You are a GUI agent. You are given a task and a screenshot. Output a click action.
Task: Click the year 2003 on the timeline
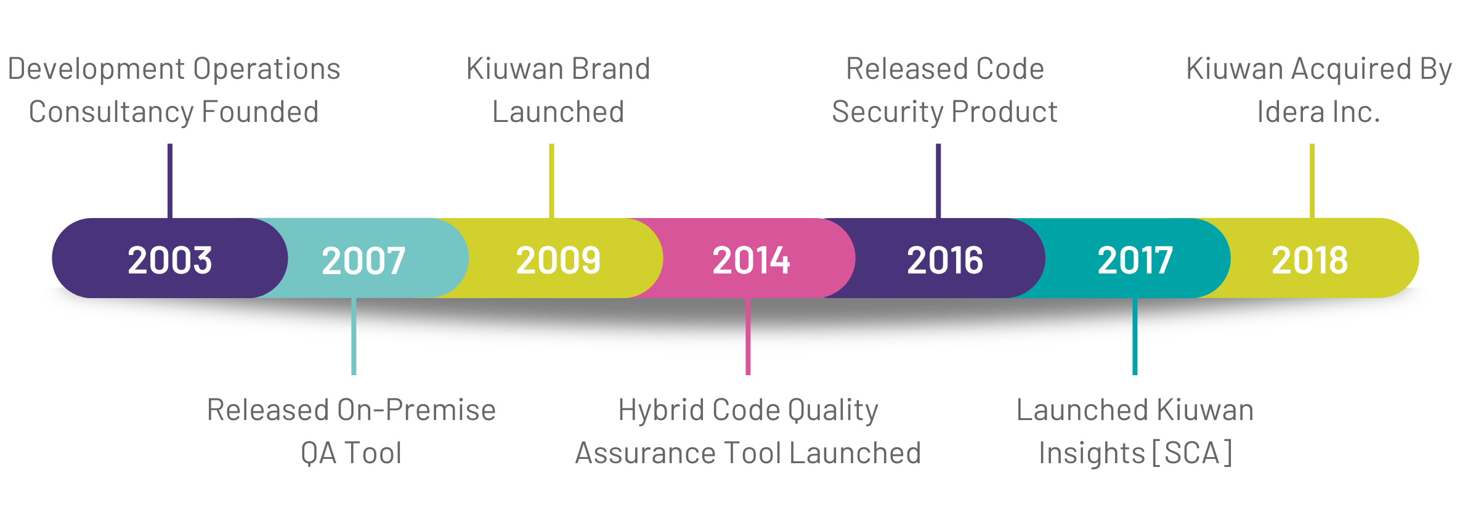[x=170, y=260]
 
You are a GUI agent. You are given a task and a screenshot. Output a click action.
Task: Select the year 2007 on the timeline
[x=363, y=260]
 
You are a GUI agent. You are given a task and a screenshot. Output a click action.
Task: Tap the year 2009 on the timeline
[x=558, y=260]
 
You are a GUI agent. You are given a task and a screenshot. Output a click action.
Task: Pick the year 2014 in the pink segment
[x=751, y=260]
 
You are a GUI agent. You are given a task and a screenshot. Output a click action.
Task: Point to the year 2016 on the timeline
[x=945, y=260]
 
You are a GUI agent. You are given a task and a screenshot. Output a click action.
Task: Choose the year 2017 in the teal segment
[x=1135, y=260]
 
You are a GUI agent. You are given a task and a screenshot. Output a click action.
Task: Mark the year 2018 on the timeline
[x=1310, y=260]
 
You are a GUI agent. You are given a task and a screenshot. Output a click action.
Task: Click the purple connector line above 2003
[x=170, y=181]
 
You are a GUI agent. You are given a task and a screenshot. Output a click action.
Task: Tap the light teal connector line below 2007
[x=354, y=336]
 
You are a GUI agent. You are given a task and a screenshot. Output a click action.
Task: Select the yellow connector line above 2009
[x=551, y=181]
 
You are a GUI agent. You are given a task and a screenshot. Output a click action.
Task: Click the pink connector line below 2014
[x=748, y=336]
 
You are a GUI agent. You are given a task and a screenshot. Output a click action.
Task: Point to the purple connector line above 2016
[x=938, y=181]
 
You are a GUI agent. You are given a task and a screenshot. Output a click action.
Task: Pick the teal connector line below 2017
[x=1135, y=336]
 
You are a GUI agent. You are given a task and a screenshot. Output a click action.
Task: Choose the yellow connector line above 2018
[x=1312, y=181]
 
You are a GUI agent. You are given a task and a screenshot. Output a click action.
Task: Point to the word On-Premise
[x=416, y=410]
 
